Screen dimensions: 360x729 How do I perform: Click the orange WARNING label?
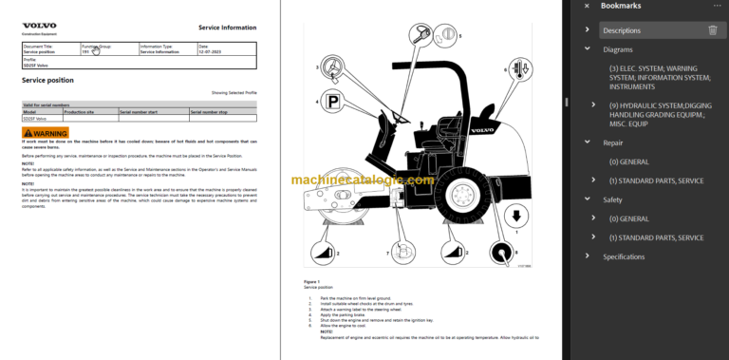(x=46, y=133)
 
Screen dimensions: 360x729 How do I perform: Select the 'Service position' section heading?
(x=47, y=81)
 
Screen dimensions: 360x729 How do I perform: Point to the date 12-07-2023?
(x=211, y=51)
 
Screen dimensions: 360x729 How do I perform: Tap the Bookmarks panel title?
(x=621, y=6)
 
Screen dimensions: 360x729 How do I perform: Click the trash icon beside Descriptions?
(x=713, y=30)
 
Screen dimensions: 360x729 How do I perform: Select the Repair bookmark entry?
(x=613, y=142)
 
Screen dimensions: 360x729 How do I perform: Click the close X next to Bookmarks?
(x=587, y=6)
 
